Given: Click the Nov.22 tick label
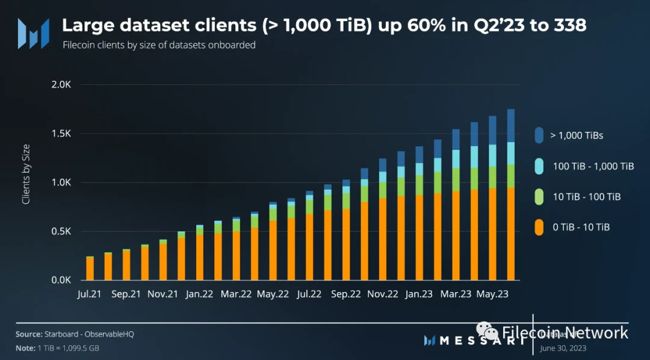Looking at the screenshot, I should click(383, 295).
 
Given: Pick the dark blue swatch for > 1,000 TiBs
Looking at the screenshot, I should click(539, 135).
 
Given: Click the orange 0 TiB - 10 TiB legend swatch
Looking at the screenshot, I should click(539, 227).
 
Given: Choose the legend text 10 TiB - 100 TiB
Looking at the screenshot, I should click(586, 197).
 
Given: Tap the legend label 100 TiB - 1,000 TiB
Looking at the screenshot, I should click(593, 166).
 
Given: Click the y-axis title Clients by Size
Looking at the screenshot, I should click(26, 174).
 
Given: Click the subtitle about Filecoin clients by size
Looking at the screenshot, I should click(159, 45).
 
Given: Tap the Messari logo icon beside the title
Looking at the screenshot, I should click(33, 33).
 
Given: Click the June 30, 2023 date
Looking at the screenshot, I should click(563, 348).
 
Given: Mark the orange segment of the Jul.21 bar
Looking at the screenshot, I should click(90, 268).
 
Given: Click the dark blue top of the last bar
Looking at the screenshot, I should click(511, 125).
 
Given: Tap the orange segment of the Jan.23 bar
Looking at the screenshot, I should click(419, 237).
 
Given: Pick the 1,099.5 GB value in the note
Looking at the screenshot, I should click(83, 349).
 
